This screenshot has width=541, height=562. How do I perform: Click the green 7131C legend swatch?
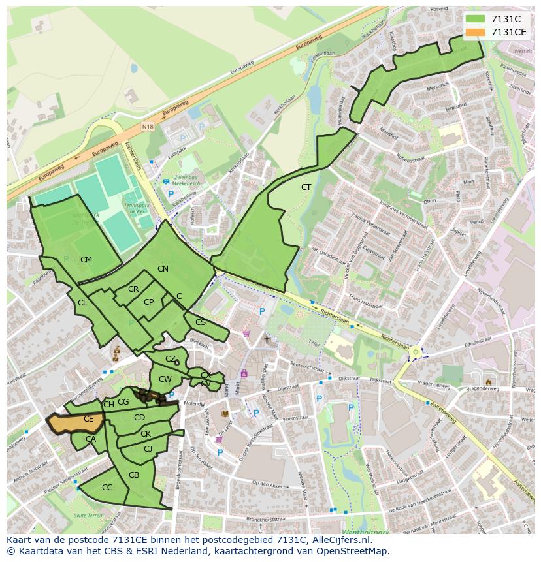point(475,19)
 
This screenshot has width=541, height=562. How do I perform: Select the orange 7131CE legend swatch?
point(475,32)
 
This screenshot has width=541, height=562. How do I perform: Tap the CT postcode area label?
point(306,187)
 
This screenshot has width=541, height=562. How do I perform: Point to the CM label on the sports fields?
point(86,260)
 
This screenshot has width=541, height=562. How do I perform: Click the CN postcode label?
point(163,269)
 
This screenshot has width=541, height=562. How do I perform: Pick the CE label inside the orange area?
point(88,419)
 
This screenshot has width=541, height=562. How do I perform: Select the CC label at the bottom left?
point(107,488)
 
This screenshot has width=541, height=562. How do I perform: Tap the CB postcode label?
point(134,475)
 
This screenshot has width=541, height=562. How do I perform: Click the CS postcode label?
point(201,322)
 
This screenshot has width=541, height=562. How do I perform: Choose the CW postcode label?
point(165,379)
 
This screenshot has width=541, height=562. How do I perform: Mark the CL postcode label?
point(82,303)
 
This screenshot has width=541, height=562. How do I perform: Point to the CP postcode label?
point(148,302)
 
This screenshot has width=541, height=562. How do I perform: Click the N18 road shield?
point(148,129)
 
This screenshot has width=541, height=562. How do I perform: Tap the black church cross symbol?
point(266,340)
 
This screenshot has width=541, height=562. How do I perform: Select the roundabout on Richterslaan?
point(416,352)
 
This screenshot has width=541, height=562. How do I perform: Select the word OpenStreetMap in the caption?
point(355,551)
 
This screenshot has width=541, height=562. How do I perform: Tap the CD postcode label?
point(139,418)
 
